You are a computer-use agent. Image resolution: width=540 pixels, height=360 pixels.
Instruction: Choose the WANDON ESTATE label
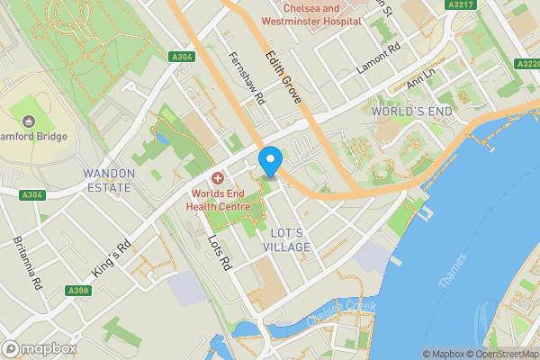108,180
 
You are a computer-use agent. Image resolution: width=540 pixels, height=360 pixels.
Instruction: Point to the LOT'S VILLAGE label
287,239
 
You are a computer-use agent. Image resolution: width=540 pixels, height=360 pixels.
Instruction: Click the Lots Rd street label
220,253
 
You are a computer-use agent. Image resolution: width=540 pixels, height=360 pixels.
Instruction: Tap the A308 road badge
78,291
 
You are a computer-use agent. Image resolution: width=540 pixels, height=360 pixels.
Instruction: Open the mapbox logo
40,348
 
